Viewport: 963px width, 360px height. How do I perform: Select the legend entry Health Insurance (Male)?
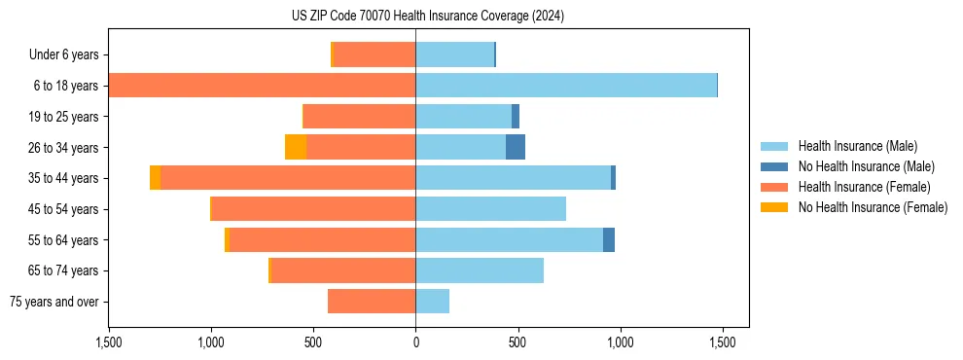(x=857, y=146)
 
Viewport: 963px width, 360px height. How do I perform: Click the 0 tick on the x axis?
(x=415, y=342)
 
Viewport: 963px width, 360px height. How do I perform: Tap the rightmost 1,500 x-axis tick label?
(x=722, y=342)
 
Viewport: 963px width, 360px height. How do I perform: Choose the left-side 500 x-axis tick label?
(x=313, y=342)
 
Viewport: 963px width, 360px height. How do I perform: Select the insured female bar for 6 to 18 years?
(x=263, y=86)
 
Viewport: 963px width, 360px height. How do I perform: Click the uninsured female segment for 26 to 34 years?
(x=296, y=147)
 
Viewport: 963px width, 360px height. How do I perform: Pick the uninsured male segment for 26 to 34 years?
(x=516, y=147)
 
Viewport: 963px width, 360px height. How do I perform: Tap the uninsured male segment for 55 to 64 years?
(x=609, y=239)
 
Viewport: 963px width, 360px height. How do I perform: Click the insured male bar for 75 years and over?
(x=433, y=302)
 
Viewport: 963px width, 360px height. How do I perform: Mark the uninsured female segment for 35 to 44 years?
(x=156, y=178)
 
